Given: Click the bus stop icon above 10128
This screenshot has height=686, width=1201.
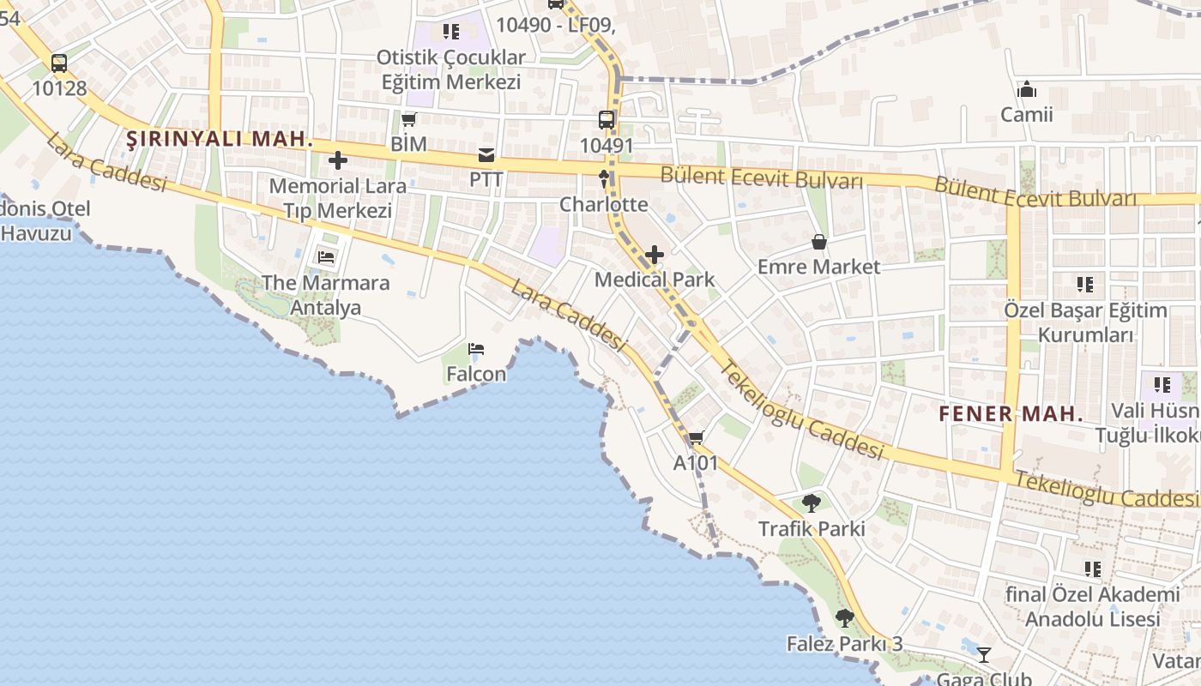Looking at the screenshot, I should tap(58, 63).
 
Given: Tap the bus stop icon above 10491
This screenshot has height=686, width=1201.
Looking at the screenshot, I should tap(607, 120).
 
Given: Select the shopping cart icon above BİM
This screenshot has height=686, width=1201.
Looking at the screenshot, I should tap(408, 119).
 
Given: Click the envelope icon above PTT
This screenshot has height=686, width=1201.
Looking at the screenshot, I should tap(486, 155).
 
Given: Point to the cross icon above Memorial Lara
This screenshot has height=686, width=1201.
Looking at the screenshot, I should tap(338, 160).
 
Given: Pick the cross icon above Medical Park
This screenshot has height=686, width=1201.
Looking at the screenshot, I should tap(655, 255).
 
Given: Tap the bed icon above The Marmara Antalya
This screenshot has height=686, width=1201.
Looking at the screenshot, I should tap(326, 256).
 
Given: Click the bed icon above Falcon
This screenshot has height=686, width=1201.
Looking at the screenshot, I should tap(476, 349).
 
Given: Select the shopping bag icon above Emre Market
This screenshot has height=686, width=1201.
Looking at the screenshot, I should tap(819, 242).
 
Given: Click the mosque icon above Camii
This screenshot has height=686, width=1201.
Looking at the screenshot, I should tap(1027, 89).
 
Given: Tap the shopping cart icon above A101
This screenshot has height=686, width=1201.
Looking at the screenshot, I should tap(696, 437).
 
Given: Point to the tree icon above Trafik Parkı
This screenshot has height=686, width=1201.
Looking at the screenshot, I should tap(812, 503).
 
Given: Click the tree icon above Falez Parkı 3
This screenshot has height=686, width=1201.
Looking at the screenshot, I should tap(845, 617).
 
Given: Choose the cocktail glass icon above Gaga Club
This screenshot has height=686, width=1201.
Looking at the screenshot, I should tap(984, 655).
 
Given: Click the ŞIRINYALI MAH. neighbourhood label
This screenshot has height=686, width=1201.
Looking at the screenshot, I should tap(220, 139).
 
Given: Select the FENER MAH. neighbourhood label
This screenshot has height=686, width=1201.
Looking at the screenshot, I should tap(1011, 413).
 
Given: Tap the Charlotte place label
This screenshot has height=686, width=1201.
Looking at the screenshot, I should tap(604, 204).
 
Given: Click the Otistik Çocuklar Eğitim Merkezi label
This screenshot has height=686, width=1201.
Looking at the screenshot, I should tap(450, 69).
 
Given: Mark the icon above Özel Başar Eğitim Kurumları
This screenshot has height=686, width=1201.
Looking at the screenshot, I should tap(1085, 284).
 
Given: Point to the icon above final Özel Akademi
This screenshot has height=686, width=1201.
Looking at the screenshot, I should tap(1093, 569).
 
